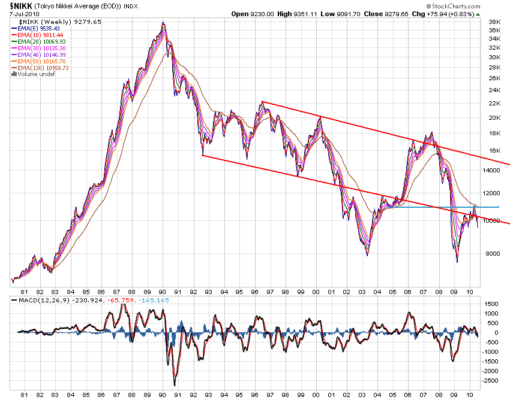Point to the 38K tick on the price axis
click(494, 22)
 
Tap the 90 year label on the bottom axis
click(163, 395)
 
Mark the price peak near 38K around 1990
click(163, 23)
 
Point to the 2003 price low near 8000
click(367, 255)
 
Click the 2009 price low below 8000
click(457, 262)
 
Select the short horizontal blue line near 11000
click(444, 207)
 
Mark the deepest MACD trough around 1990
click(175, 385)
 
